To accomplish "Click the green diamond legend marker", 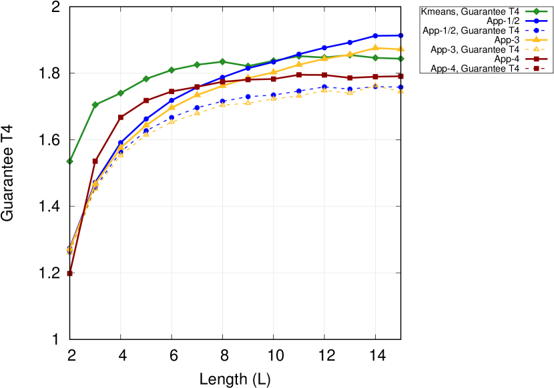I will (x=536, y=11).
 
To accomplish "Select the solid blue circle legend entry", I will (x=536, y=21).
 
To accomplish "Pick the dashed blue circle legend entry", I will (x=536, y=30).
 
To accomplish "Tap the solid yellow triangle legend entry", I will (x=536, y=39).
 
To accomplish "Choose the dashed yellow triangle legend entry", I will (x=536, y=49).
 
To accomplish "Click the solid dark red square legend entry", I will (x=536, y=59).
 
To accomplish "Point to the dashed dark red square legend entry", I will (x=536, y=68).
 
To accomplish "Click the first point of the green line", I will (x=69, y=161).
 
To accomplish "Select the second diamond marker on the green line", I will (x=95, y=105).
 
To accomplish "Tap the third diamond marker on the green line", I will (x=121, y=93).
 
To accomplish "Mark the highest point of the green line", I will (x=222, y=61).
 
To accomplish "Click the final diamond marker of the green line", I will (x=400, y=59).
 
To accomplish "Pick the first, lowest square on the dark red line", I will (x=69, y=273).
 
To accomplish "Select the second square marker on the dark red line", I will (x=95, y=161).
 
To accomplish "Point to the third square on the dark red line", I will (x=121, y=117).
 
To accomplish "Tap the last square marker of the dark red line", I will (x=400, y=77).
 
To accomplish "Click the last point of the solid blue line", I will (x=400, y=35).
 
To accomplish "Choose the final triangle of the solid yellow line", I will (x=400, y=49).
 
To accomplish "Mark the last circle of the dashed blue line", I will (x=400, y=87).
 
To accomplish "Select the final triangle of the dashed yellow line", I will (x=400, y=90).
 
